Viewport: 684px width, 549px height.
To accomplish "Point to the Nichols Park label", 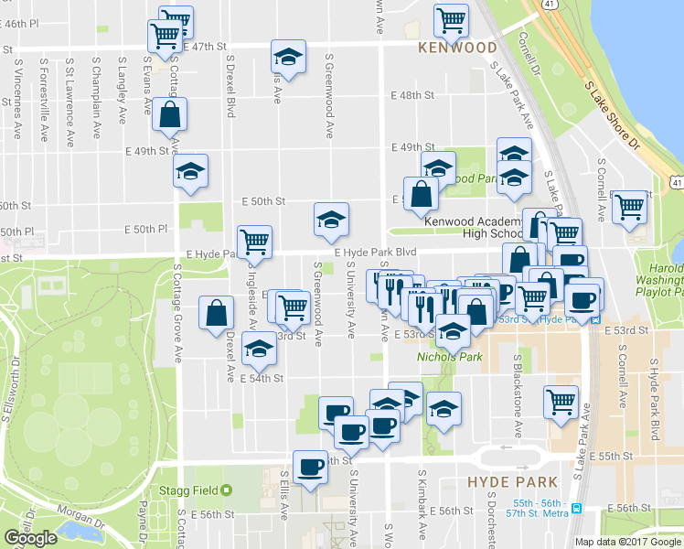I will coord(443,357).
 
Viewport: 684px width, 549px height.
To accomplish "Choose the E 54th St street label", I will coord(263,377).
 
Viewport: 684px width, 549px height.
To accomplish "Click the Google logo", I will coord(30,538).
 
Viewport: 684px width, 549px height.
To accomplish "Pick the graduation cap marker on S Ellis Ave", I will coord(288,57).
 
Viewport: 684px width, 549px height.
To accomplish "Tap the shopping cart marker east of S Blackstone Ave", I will coord(560,400).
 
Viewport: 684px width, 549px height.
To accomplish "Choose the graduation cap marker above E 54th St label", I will coord(260,351).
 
